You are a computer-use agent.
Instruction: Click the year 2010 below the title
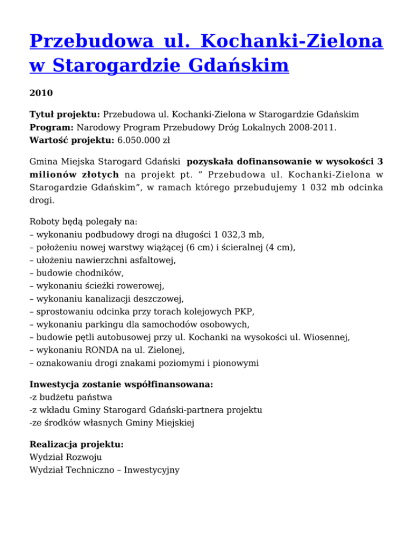pyautogui.click(x=41, y=93)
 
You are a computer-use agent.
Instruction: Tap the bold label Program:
pyautogui.click(x=52, y=128)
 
